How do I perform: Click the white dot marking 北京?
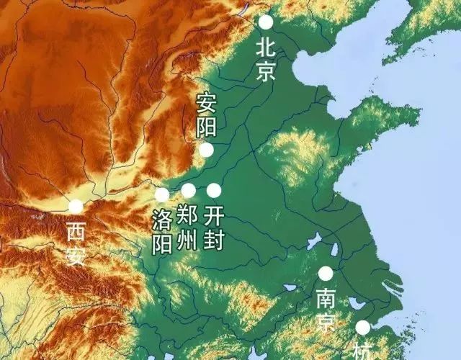(266, 22)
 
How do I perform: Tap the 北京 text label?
(266, 59)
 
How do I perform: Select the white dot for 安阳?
(206, 150)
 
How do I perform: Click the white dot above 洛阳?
(162, 194)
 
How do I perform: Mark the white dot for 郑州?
(188, 191)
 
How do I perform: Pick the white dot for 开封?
(214, 190)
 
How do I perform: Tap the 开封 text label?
(214, 227)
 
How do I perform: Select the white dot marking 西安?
(76, 207)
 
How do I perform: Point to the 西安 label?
(76, 243)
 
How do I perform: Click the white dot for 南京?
(326, 273)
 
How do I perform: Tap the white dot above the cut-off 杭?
(362, 328)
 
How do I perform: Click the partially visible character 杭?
(362, 352)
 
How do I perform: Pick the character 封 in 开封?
(214, 239)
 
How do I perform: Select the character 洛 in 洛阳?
(162, 219)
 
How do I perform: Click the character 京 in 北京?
(266, 71)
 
